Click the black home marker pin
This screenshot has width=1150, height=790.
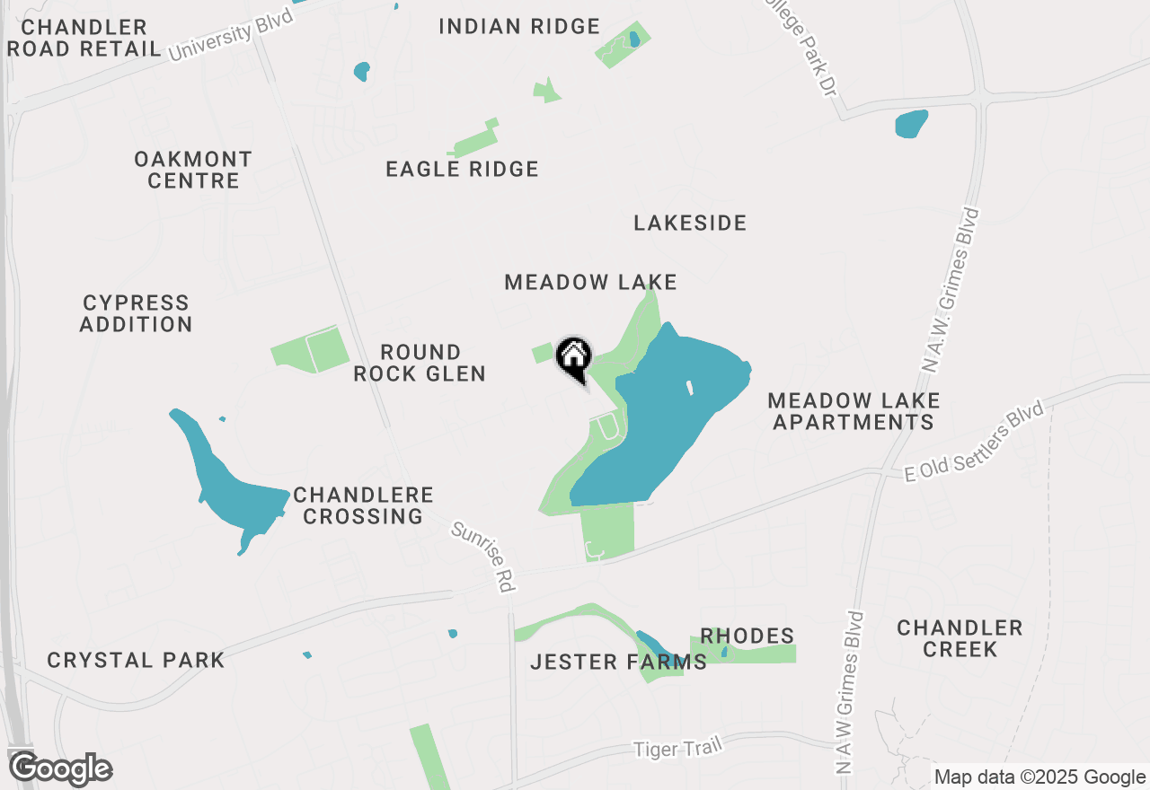tap(574, 358)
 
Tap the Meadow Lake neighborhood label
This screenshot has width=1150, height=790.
tap(590, 282)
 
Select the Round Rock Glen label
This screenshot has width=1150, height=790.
tap(420, 363)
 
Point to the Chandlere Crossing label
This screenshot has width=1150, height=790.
tap(363, 505)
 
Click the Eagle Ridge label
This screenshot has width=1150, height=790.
tap(462, 169)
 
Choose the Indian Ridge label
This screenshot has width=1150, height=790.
tap(519, 26)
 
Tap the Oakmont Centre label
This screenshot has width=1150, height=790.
tap(193, 170)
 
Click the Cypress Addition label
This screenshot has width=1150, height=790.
tap(136, 313)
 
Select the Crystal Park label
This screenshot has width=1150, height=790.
tap(136, 661)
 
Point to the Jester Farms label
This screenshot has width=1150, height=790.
tap(618, 663)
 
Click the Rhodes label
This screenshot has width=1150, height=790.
tap(747, 636)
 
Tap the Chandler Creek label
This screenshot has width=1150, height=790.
tap(960, 638)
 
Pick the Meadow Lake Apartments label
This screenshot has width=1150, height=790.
tap(854, 410)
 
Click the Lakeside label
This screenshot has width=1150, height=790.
tap(690, 223)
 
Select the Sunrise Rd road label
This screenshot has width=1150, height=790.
tap(482, 557)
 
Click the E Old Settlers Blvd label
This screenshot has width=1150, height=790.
tap(975, 442)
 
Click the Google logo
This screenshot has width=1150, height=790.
tap(59, 768)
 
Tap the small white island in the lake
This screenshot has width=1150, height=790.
tap(690, 388)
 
